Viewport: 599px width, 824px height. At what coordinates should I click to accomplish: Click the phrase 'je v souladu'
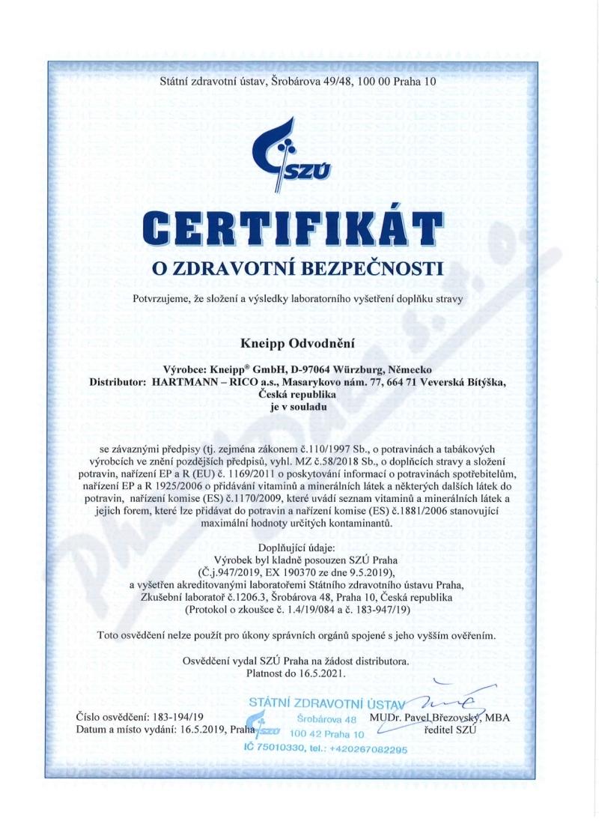tap(298, 407)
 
